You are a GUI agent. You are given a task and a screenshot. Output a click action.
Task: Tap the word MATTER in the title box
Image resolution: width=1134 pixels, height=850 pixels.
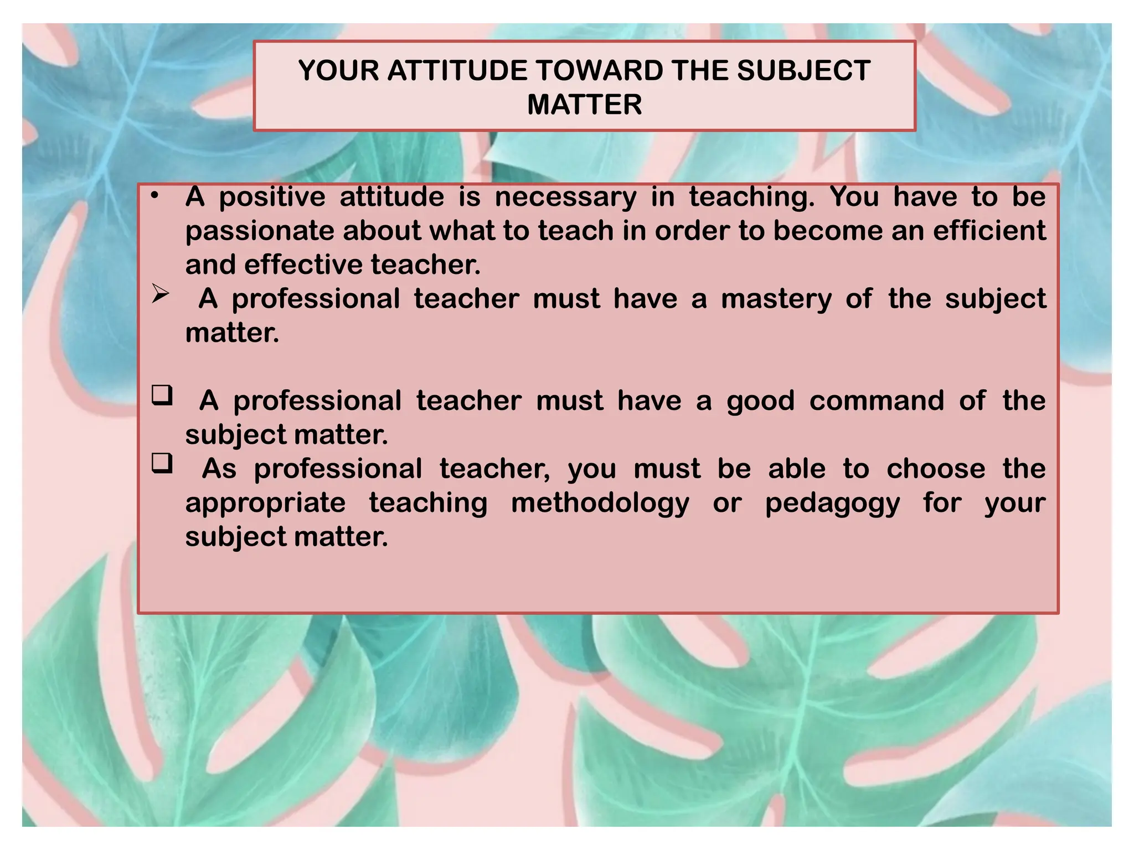point(584,105)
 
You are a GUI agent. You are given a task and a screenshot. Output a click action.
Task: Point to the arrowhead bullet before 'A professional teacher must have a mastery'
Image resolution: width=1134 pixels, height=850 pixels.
point(161,294)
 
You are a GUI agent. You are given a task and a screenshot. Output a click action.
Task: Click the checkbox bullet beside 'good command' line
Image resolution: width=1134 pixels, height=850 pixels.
point(162,396)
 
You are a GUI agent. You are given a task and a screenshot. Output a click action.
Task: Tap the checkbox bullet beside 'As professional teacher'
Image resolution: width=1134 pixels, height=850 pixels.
point(162,463)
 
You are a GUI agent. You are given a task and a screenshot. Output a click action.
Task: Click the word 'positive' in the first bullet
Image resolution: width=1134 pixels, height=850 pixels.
point(272,198)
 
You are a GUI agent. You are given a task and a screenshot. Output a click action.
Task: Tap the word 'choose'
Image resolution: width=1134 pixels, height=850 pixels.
point(936,469)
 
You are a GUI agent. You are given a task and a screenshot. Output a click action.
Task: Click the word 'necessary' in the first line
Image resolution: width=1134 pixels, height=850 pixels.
point(565,198)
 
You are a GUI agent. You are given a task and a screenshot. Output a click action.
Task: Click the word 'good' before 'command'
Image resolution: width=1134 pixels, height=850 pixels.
point(760,401)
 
